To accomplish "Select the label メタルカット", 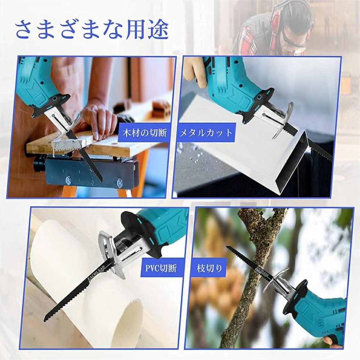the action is [206, 133].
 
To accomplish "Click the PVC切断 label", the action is [161, 268].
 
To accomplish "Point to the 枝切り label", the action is [210, 268].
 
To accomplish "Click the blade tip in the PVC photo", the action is [45, 320].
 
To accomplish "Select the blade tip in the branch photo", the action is [227, 247].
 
